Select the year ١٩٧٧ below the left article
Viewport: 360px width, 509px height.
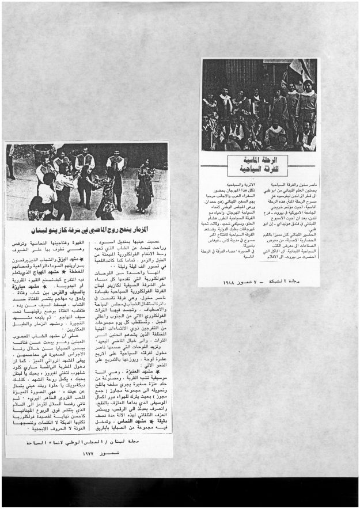click(88, 453)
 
